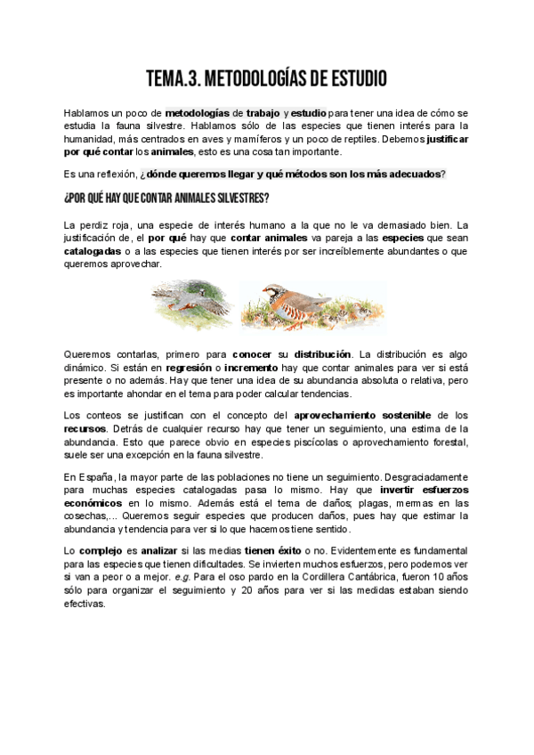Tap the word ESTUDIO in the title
(x=350, y=80)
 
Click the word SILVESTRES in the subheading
(x=238, y=197)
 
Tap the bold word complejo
(x=99, y=552)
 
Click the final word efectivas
(x=85, y=603)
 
